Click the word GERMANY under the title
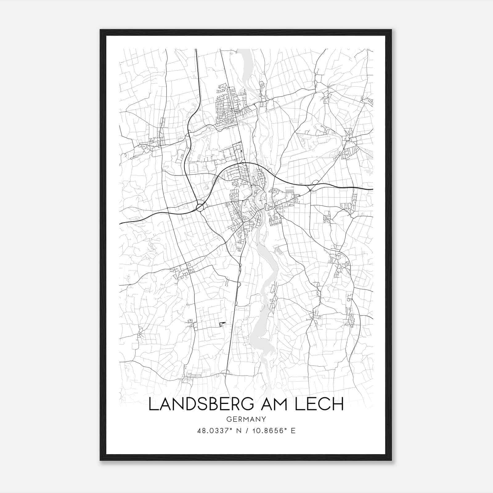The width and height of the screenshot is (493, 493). tap(246, 419)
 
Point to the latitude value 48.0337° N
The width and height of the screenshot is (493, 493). tap(218, 431)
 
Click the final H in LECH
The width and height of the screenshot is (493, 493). tap(338, 405)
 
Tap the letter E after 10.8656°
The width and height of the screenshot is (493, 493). tap(293, 431)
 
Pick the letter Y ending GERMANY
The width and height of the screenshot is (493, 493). tap(264, 419)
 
